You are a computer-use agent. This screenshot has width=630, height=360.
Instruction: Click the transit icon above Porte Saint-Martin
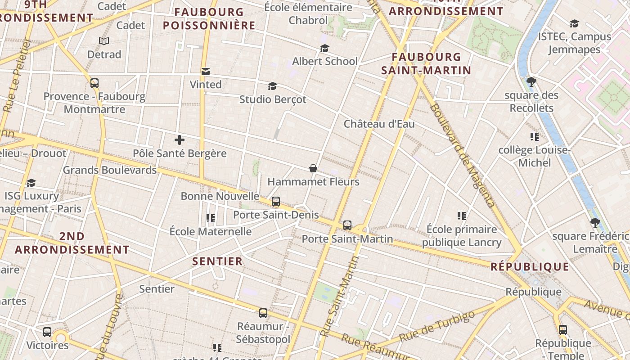[x=347, y=225]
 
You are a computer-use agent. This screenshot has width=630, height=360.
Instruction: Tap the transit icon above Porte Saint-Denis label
[x=275, y=201]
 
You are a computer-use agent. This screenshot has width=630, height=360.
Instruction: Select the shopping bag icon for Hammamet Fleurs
[x=313, y=168]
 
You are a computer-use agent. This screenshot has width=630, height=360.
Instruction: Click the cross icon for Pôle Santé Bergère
[x=180, y=140]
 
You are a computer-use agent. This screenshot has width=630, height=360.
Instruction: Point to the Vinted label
[x=206, y=85]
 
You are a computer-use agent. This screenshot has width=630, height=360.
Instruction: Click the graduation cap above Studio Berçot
[x=272, y=86]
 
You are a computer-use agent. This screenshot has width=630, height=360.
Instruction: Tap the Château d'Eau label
[x=379, y=124]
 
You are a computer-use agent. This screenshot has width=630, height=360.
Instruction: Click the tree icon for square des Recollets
[x=531, y=82]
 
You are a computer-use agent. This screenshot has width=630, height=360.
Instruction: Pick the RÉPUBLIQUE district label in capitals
[x=530, y=267]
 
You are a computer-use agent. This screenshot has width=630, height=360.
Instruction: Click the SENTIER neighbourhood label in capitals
[x=217, y=261]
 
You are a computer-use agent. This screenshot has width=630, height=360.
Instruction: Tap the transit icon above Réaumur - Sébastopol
[x=263, y=313]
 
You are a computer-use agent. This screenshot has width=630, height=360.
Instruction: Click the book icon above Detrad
[x=104, y=41]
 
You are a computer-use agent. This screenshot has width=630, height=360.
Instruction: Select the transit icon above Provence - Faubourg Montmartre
[x=94, y=83]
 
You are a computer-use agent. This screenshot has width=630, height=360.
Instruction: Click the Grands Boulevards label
[x=109, y=170]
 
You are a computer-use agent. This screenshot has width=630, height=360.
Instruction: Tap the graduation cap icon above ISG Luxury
[x=31, y=183]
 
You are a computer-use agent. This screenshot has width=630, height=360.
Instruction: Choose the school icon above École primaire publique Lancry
[x=461, y=216]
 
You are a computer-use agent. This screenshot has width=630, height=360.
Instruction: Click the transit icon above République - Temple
[x=562, y=329]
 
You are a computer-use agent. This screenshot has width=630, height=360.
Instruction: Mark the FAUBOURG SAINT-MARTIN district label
[x=426, y=63]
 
